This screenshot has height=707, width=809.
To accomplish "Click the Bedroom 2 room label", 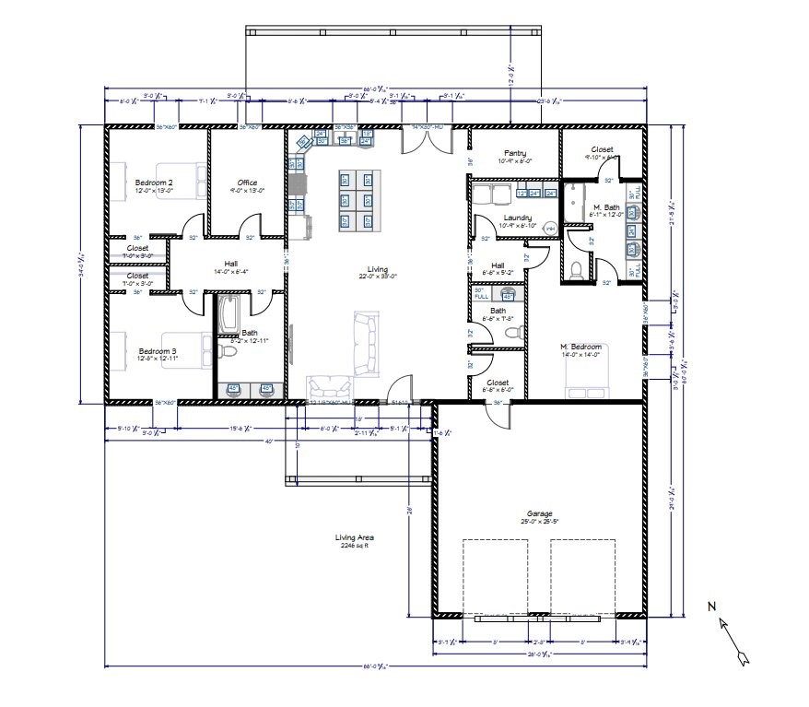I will click(154, 183).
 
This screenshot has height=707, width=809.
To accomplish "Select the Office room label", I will click(246, 183).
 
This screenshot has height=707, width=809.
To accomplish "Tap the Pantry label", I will click(514, 153).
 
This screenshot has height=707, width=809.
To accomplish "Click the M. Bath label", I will click(605, 206).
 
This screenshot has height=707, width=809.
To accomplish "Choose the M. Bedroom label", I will click(580, 347).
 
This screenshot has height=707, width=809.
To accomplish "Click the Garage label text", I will click(539, 513).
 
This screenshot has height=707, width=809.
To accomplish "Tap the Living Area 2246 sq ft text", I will click(354, 540).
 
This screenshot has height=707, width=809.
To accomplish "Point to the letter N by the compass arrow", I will click(711, 606).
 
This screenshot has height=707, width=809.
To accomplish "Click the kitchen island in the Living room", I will click(358, 200).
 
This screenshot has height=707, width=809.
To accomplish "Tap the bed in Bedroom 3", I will click(184, 351).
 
